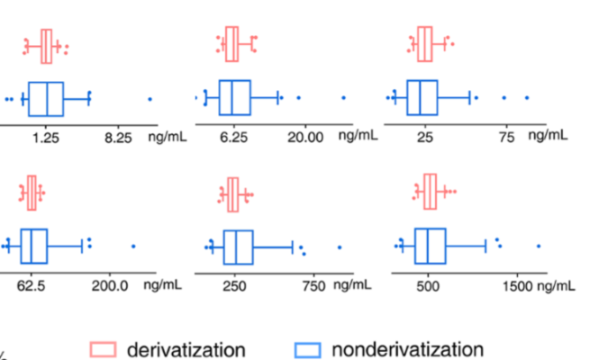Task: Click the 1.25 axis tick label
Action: pos(46,138)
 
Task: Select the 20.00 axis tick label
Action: pos(305,138)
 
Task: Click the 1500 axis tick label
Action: pos(518,285)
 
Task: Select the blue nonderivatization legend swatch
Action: pos(309,349)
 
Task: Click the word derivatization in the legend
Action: pos(186,349)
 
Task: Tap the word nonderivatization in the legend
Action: pos(407,349)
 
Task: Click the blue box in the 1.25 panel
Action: pos(45,99)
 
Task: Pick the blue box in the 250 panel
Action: pos(239,247)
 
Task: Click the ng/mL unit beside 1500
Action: pos(556,285)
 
